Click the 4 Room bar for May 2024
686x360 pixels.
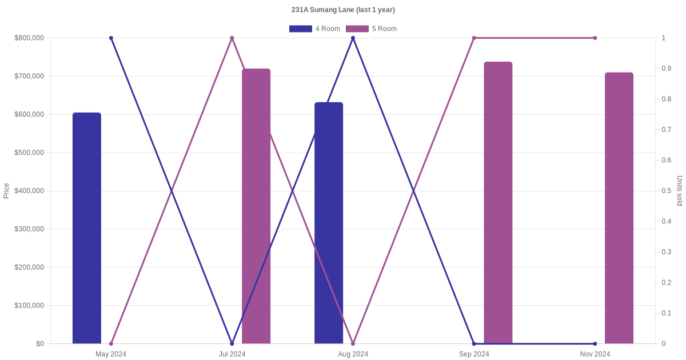pos(87,228)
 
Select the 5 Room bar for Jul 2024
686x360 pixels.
pos(256,206)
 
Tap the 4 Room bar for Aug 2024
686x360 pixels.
pos(329,223)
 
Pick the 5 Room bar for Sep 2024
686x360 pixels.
pos(498,203)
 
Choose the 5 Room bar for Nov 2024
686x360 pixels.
pos(619,208)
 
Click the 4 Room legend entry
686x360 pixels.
pos(315,29)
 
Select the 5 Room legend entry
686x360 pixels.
pos(372,29)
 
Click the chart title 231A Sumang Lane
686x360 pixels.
pos(343,10)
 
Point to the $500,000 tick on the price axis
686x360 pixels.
pos(29,153)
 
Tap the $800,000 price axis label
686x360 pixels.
pos(29,38)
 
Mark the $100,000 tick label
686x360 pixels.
pos(29,305)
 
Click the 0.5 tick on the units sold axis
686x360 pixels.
pos(666,191)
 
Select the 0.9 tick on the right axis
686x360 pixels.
pos(666,69)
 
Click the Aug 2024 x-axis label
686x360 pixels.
pos(353,354)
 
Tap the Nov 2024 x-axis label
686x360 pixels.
pos(595,354)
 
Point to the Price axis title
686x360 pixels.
pos(6,191)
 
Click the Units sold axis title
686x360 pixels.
pos(680,191)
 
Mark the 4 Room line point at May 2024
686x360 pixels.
pos(111,38)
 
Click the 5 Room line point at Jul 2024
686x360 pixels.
pos(232,38)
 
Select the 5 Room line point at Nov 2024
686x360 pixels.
pos(595,38)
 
